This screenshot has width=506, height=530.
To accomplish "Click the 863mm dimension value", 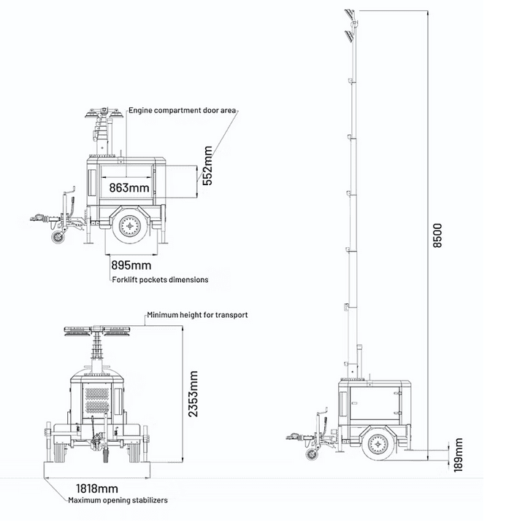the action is pyautogui.click(x=129, y=187).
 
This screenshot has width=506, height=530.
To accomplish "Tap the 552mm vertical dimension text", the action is pyautogui.click(x=207, y=165).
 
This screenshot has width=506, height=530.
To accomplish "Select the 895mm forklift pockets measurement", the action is pyautogui.click(x=131, y=265).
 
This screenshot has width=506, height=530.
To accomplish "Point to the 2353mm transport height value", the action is pyautogui.click(x=193, y=394).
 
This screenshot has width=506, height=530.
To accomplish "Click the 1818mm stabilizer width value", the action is pyautogui.click(x=97, y=488).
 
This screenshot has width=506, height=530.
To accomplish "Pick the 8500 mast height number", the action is pyautogui.click(x=437, y=235).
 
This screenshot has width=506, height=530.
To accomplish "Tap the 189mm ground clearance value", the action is pyautogui.click(x=458, y=455).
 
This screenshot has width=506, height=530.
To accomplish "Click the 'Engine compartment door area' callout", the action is pyautogui.click(x=182, y=110).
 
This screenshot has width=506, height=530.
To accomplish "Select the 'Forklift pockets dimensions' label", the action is pyautogui.click(x=160, y=279).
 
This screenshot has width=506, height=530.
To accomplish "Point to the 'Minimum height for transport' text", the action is pyautogui.click(x=197, y=315).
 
